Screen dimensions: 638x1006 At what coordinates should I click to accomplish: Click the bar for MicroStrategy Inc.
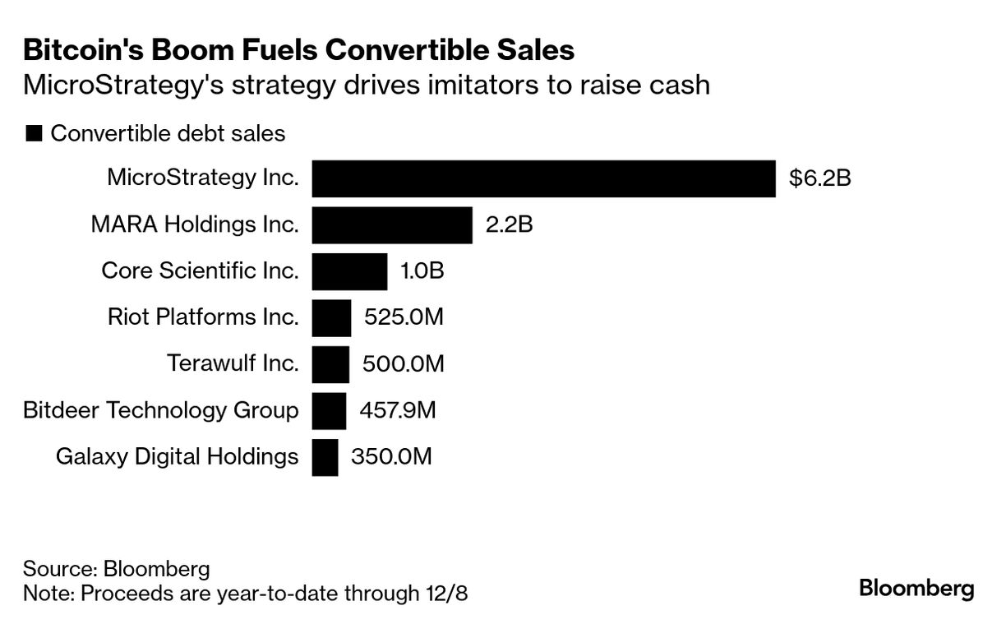(x=543, y=178)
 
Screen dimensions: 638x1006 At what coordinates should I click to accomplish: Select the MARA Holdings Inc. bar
(x=392, y=225)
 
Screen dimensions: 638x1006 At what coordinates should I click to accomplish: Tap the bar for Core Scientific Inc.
(x=349, y=271)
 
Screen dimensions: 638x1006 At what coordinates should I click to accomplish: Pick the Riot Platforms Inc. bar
(x=331, y=317)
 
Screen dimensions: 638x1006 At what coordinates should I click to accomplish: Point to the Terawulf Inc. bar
(x=330, y=364)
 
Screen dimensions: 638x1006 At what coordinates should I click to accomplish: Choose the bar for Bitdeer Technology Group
(x=329, y=410)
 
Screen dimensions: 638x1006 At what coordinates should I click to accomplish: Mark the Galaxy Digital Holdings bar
(x=325, y=457)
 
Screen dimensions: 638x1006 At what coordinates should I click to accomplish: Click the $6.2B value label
(x=819, y=178)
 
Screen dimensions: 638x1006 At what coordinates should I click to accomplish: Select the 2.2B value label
(x=509, y=224)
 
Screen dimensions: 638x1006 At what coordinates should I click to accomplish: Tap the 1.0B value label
(x=422, y=270)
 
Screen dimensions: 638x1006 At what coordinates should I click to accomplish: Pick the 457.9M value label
(x=398, y=410)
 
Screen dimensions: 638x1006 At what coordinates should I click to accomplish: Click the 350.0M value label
(x=391, y=457)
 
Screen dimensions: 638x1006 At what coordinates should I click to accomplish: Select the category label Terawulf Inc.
(x=233, y=363)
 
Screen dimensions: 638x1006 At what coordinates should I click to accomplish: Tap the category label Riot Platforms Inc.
(x=203, y=317)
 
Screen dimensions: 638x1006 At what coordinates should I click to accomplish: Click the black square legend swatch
(x=34, y=134)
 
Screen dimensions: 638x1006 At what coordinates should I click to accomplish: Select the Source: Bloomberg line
(x=116, y=568)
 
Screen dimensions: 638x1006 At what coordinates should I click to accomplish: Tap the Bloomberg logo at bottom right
(x=916, y=589)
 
